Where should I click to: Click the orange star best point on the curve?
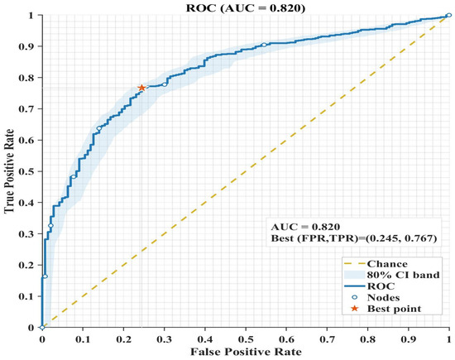tap(141, 88)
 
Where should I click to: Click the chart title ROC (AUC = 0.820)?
tap(246, 7)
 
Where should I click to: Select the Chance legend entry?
tap(376, 264)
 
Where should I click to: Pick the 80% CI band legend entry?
tap(392, 275)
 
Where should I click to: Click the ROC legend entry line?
tap(354, 286)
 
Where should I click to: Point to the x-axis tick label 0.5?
tap(246, 339)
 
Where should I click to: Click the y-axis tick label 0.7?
tap(26, 109)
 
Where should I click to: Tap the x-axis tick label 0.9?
tap(409, 339)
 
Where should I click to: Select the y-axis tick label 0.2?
tap(26, 265)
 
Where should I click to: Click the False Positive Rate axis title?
tap(246, 352)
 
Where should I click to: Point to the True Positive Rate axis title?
tap(9, 171)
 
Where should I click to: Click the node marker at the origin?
tap(42, 327)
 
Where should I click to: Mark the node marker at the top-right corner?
tap(449, 15)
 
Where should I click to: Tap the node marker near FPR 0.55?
tap(264, 45)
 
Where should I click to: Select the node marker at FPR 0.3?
tap(165, 84)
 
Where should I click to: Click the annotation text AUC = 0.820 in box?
tap(305, 227)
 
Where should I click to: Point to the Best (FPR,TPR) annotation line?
tap(354, 238)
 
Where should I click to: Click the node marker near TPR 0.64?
tap(99, 128)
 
